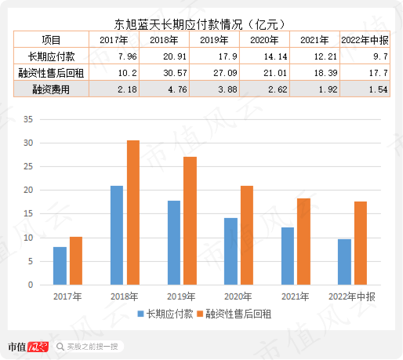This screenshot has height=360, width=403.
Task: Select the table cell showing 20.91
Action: [x=164, y=56]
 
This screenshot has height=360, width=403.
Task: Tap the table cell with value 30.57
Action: [x=164, y=72]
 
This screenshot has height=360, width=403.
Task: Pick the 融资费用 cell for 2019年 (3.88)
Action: [x=214, y=89]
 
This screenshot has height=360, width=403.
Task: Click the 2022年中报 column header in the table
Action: [x=365, y=40]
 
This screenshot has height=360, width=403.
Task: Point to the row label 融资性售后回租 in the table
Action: [x=51, y=73]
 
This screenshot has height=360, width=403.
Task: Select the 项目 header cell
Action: [x=51, y=40]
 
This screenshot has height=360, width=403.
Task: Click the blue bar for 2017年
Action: [x=60, y=266]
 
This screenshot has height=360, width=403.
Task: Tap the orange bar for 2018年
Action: [x=133, y=213]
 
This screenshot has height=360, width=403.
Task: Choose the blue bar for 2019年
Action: [x=174, y=242]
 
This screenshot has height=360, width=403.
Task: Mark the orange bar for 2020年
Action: [x=247, y=235]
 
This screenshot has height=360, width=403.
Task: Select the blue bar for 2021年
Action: [x=288, y=256]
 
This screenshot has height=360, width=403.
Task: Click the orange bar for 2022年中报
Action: [x=361, y=243]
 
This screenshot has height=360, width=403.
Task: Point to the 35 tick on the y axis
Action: [x=28, y=119]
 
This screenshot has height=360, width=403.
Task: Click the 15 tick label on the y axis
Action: [x=28, y=213]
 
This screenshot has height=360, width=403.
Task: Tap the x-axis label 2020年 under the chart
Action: [x=238, y=296]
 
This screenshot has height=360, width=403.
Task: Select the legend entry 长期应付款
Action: [x=165, y=314]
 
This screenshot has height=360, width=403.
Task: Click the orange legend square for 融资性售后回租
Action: [x=200, y=314]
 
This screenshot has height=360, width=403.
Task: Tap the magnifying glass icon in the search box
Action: [x=60, y=347]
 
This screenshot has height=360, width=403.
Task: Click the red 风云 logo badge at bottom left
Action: [x=38, y=347]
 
